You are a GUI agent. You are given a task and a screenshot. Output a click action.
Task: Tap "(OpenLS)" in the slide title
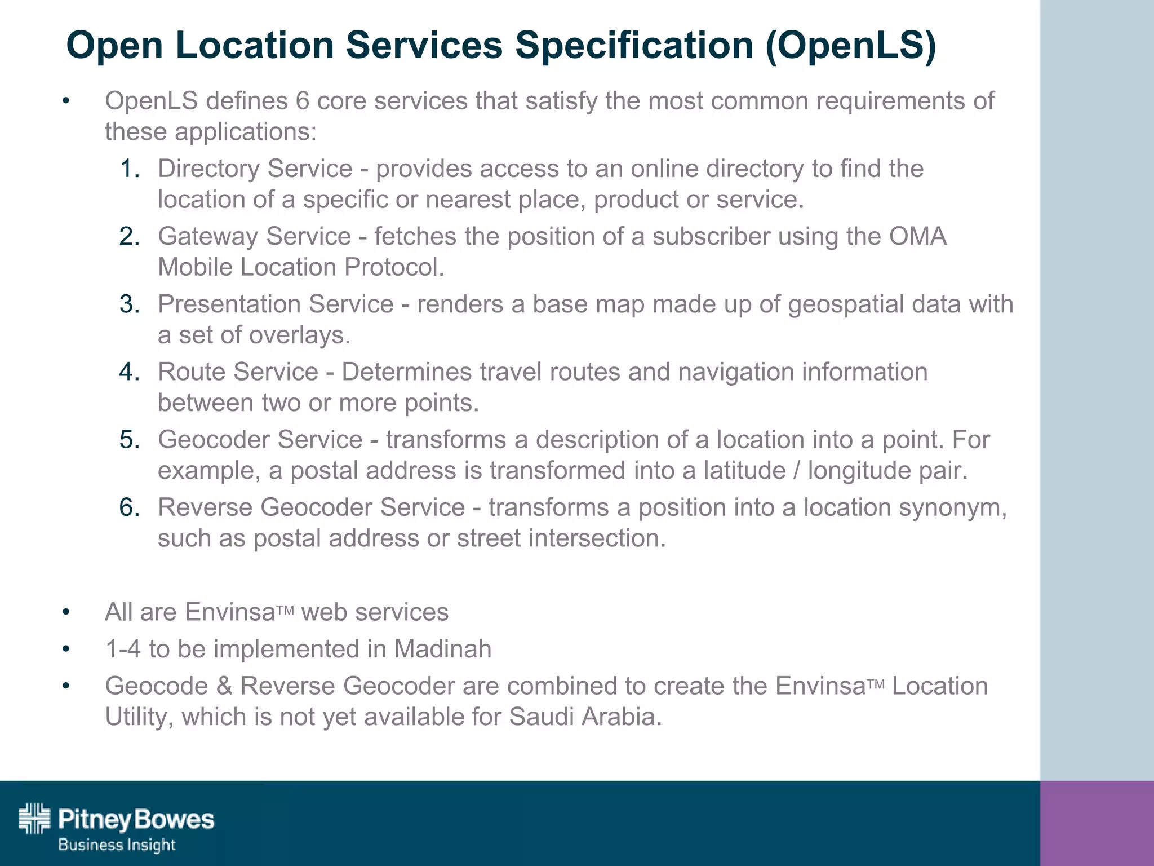point(850,45)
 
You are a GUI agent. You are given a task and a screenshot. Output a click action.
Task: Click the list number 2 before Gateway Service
point(130,236)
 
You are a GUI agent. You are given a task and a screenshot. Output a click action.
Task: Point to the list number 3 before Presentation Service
point(130,304)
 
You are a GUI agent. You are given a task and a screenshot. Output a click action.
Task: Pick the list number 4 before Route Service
point(130,372)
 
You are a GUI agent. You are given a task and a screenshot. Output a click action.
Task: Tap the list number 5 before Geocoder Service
point(130,440)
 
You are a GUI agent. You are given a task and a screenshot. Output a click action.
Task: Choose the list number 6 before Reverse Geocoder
point(130,507)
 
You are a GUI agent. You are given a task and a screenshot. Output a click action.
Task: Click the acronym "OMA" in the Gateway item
point(918,236)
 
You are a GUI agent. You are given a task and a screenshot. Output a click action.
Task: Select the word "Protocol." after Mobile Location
point(394,267)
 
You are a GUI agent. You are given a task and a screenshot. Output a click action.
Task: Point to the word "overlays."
point(300,335)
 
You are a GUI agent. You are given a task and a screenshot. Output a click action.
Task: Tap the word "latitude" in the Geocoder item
point(744,471)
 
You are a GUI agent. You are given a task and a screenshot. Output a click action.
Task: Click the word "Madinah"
point(442,649)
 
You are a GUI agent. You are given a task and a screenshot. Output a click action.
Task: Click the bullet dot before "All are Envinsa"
point(66,612)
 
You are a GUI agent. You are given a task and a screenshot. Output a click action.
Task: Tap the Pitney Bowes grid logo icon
point(34,818)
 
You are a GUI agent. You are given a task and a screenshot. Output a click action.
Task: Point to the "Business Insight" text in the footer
point(117,845)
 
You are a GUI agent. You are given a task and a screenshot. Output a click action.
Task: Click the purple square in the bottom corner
point(1097,823)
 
